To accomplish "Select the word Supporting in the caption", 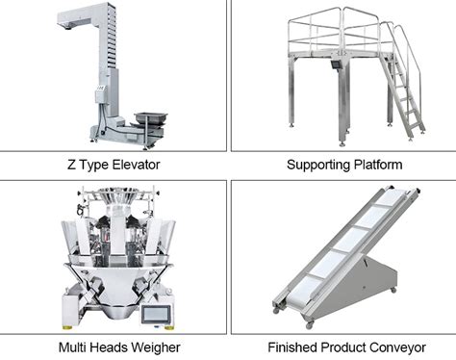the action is tap(318, 165).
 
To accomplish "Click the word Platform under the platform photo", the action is tap(377, 165).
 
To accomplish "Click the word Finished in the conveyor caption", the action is tap(289, 347).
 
